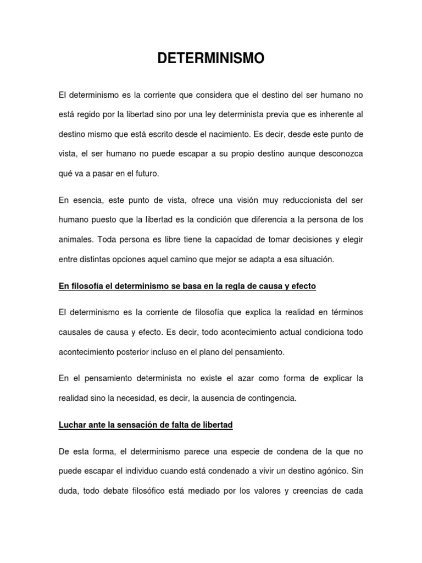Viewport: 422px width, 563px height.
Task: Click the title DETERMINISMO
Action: [211, 58]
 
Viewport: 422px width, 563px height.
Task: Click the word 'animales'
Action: [75, 240]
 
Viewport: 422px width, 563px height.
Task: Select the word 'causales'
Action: [74, 333]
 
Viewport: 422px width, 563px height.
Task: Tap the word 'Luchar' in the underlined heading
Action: [73, 426]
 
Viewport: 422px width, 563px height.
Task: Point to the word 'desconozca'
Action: [336, 154]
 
